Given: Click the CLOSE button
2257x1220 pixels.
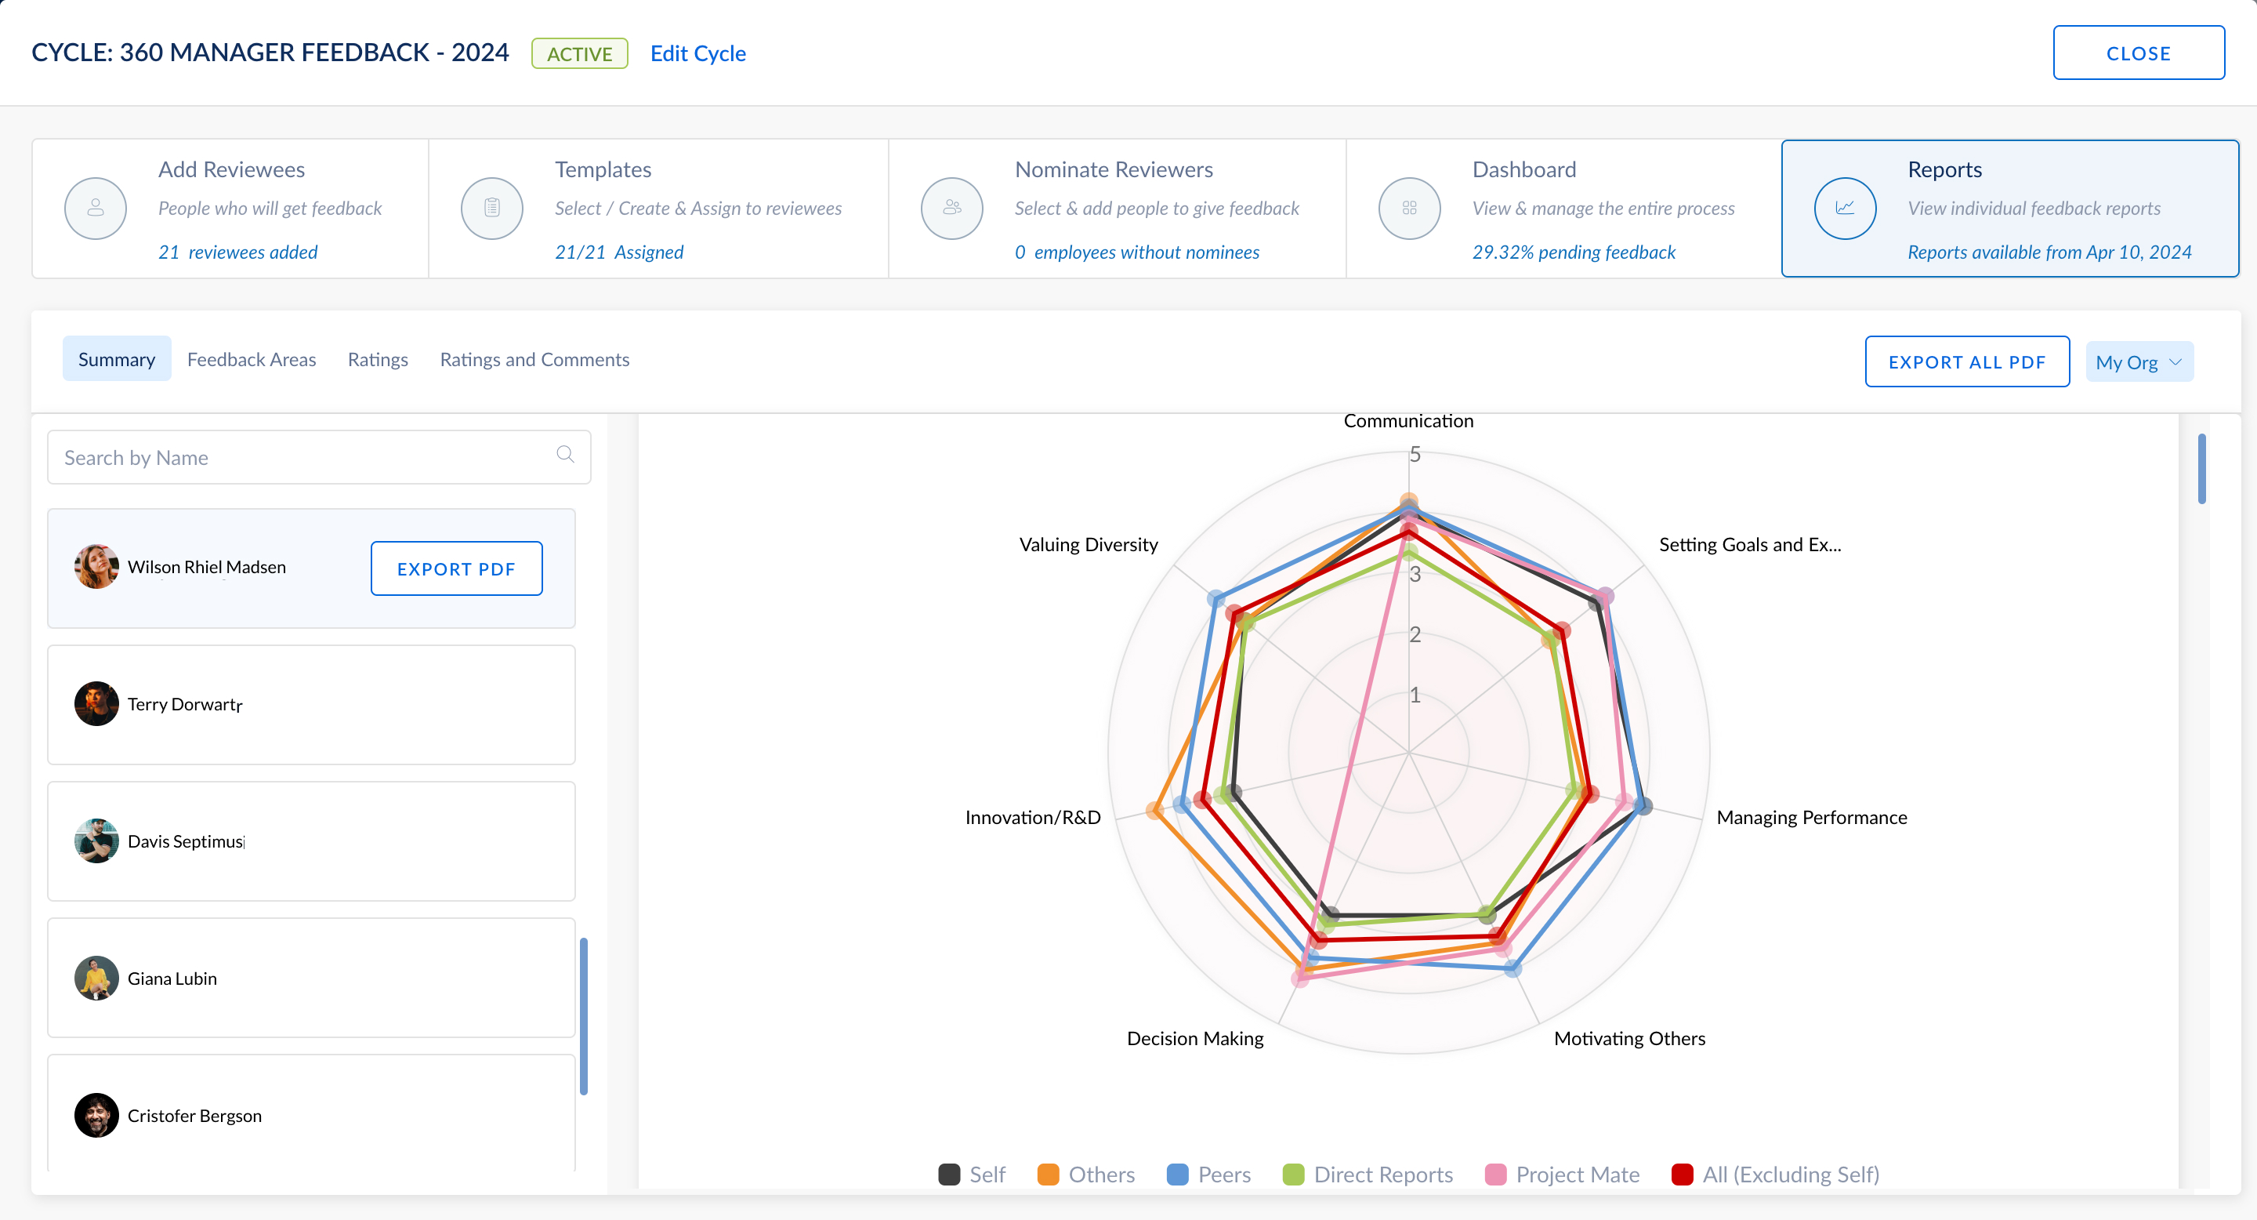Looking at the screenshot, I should pyautogui.click(x=2138, y=53).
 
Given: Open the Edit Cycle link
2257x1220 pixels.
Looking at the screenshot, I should pyautogui.click(x=697, y=53).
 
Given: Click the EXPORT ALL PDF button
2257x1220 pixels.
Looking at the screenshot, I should pyautogui.click(x=1966, y=362).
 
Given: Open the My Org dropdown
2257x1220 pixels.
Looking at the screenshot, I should pyautogui.click(x=2139, y=362).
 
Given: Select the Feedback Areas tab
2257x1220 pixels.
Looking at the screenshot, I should pyautogui.click(x=252, y=359).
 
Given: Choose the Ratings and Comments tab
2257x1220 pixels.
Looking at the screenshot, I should pyautogui.click(x=534, y=359).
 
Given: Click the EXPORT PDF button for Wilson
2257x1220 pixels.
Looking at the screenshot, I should pyautogui.click(x=455, y=568).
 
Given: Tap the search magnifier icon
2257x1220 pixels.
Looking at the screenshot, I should pyautogui.click(x=565, y=454).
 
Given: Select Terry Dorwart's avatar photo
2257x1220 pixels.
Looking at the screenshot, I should pyautogui.click(x=96, y=704).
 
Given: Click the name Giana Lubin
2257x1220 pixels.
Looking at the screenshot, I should pyautogui.click(x=172, y=978).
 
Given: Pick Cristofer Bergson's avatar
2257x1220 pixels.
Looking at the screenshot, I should pyautogui.click(x=96, y=1115).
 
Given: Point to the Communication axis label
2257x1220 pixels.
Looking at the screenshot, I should pyautogui.click(x=1408, y=421).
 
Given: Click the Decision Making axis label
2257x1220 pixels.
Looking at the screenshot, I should pyautogui.click(x=1194, y=1039).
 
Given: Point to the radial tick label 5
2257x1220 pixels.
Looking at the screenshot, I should pyautogui.click(x=1414, y=455).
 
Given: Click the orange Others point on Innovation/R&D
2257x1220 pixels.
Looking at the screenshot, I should pyautogui.click(x=1156, y=811).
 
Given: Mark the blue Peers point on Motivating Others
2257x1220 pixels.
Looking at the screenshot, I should pyautogui.click(x=1513, y=968).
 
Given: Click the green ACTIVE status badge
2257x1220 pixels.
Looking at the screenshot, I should pyautogui.click(x=579, y=53).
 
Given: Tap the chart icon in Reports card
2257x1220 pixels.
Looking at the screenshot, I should pyautogui.click(x=1844, y=209).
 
